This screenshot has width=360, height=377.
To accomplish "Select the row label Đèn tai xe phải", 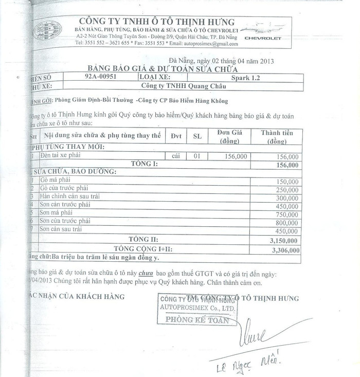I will pos(62,155).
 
